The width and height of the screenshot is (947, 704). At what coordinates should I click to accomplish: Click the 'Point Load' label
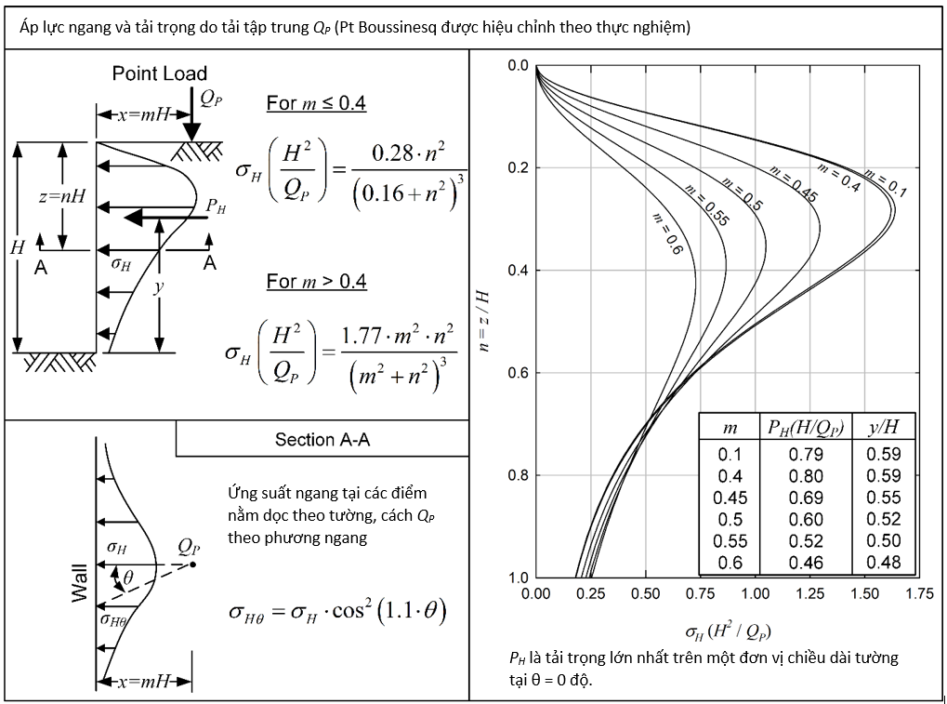tap(160, 73)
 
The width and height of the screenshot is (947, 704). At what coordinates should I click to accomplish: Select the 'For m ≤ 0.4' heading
tap(316, 102)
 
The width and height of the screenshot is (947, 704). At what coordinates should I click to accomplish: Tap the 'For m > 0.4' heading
tap(317, 281)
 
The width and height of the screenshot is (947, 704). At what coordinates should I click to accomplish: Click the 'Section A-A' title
tap(322, 439)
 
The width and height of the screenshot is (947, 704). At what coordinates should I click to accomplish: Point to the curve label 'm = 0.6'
tap(667, 233)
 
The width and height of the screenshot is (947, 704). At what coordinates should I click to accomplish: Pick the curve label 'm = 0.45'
tap(794, 183)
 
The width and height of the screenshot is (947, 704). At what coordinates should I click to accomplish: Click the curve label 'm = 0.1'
tap(886, 184)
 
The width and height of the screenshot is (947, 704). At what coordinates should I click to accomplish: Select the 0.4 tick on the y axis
tap(518, 270)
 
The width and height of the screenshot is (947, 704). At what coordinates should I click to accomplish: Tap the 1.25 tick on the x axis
tap(809, 594)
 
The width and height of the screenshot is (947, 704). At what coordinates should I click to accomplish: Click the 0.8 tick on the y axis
tap(518, 475)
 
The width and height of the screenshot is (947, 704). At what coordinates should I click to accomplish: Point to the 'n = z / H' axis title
tap(483, 321)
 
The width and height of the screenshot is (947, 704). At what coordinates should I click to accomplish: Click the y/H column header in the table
tap(883, 427)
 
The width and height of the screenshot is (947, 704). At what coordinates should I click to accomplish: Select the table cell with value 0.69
tap(806, 498)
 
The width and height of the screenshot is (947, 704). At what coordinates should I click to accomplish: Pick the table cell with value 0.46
tap(806, 564)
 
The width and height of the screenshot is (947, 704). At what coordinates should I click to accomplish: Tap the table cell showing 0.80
tap(806, 476)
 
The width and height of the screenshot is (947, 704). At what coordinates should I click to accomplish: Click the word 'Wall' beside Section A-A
tap(80, 583)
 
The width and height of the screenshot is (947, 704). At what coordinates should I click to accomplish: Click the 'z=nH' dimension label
tap(62, 196)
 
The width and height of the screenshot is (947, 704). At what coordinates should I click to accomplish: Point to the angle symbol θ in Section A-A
tap(128, 578)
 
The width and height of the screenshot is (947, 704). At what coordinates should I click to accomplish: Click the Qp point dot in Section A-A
tap(192, 565)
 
